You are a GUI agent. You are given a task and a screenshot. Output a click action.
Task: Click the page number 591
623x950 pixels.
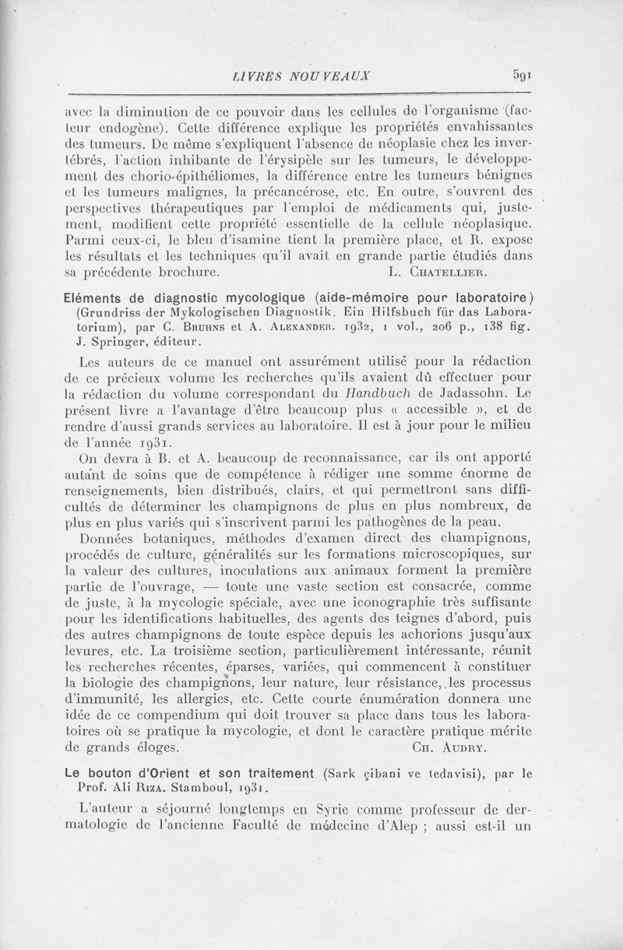522,76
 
